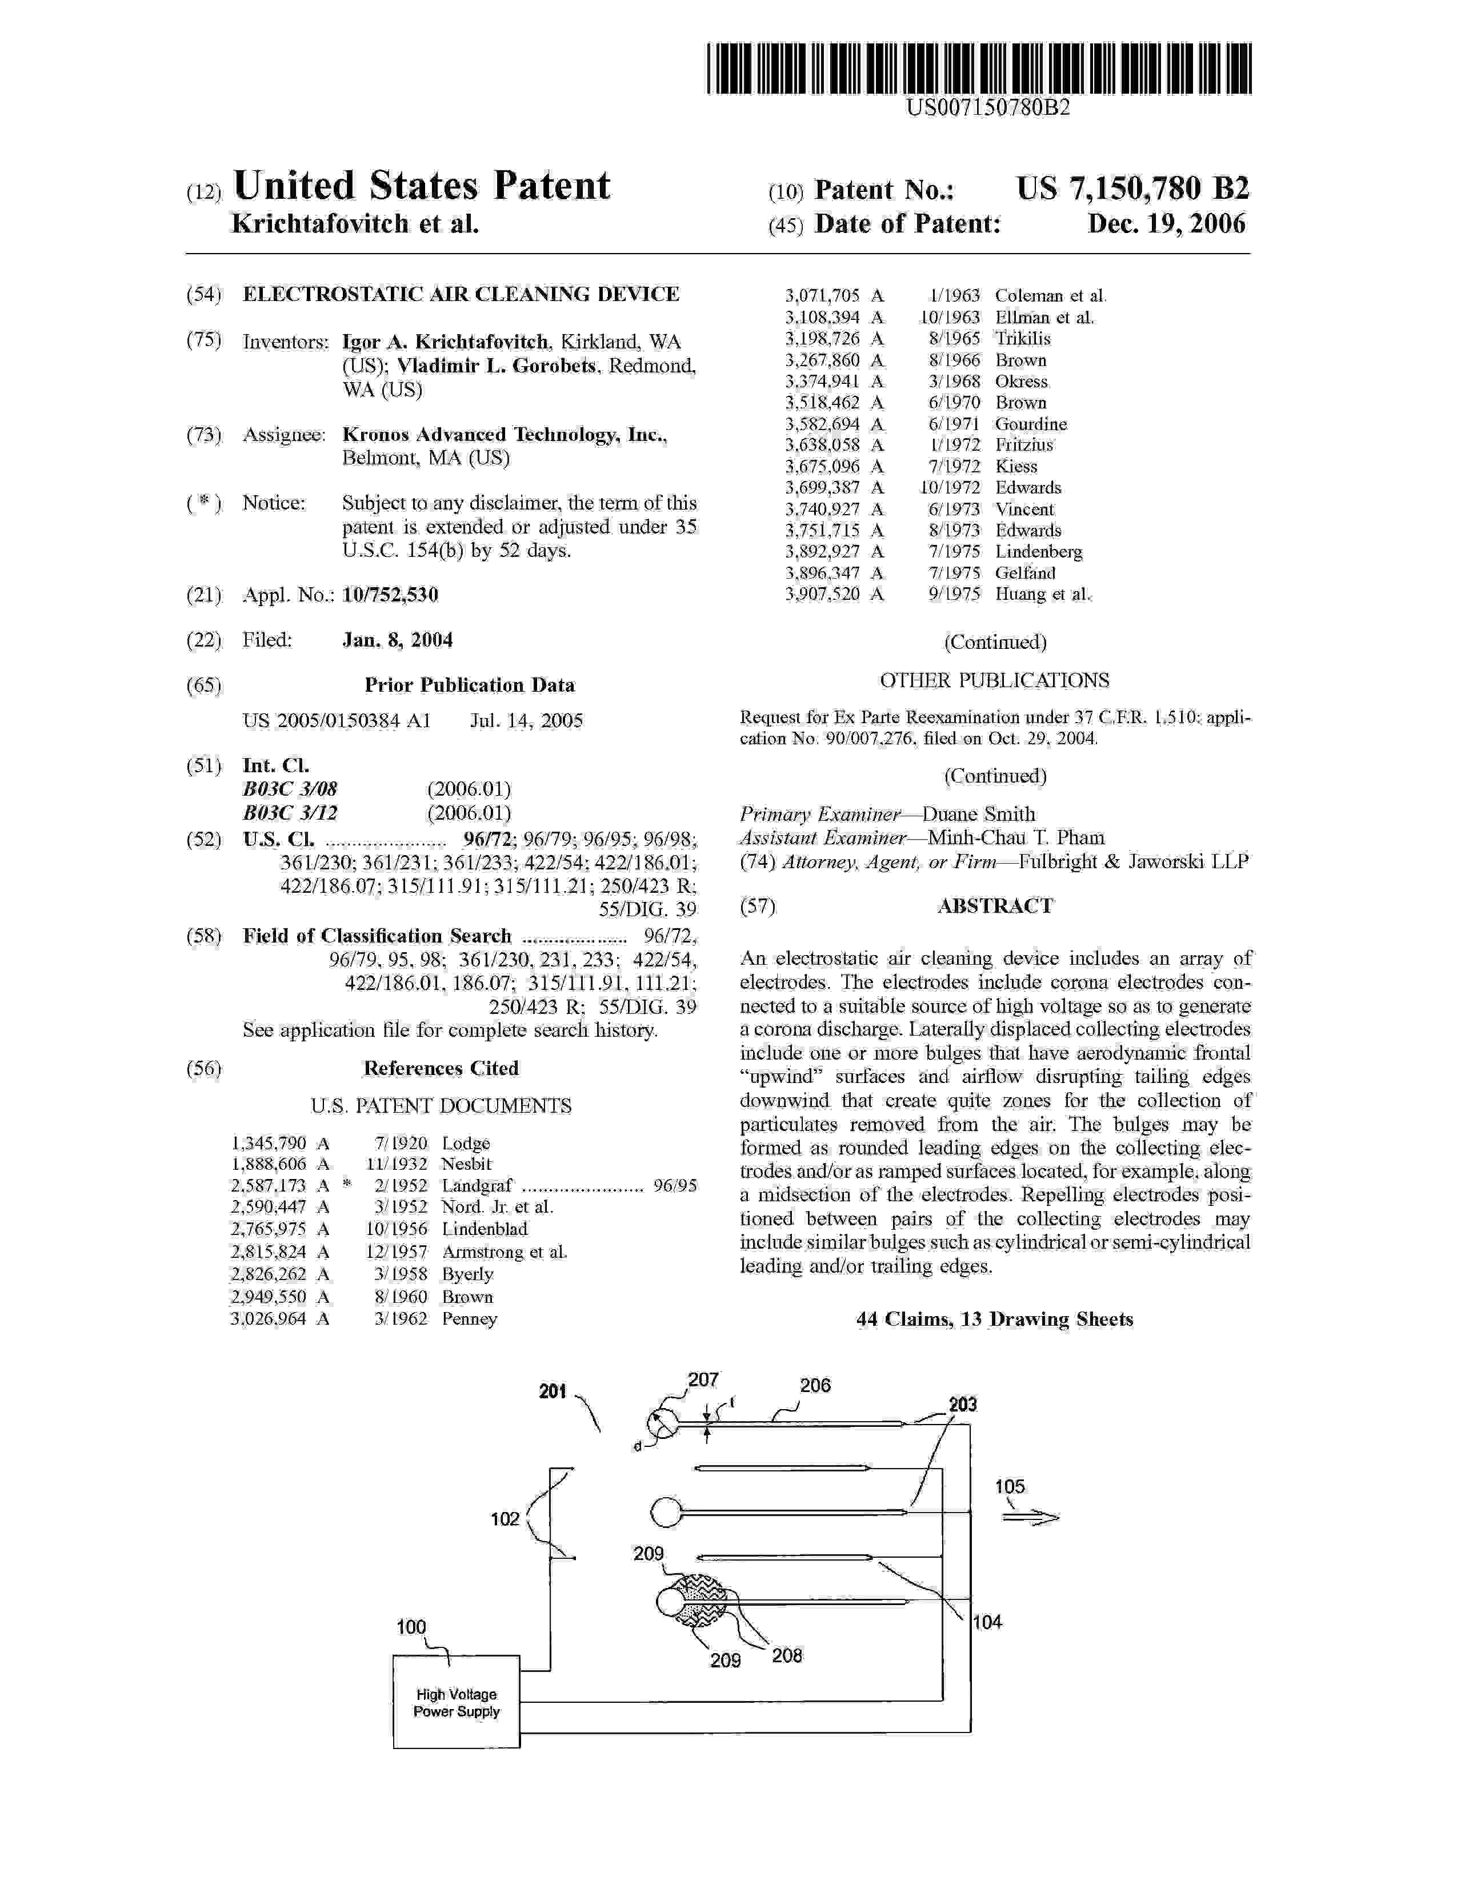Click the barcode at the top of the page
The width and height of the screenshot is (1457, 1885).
(978, 69)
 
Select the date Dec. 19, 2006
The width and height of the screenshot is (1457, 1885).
(1166, 224)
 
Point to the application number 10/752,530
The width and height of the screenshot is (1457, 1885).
(390, 595)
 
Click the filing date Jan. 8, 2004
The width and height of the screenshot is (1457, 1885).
(397, 640)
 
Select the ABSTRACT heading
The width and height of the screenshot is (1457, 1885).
(994, 905)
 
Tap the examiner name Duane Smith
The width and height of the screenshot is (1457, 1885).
(979, 814)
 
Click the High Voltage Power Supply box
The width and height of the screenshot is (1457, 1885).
(456, 1702)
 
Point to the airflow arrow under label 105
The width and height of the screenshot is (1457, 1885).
(1030, 1518)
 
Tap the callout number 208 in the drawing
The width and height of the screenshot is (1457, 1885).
(786, 1655)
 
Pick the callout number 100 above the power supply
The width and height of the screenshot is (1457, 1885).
(411, 1626)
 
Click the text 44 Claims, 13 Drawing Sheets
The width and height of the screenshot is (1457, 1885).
(994, 1319)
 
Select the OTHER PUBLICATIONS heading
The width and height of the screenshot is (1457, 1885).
(994, 680)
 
